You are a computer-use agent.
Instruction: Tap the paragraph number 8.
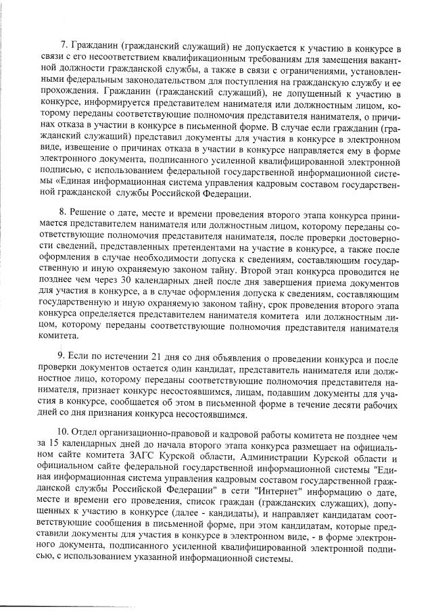[x=63, y=211]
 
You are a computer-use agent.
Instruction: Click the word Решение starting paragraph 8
[x=89, y=211]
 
